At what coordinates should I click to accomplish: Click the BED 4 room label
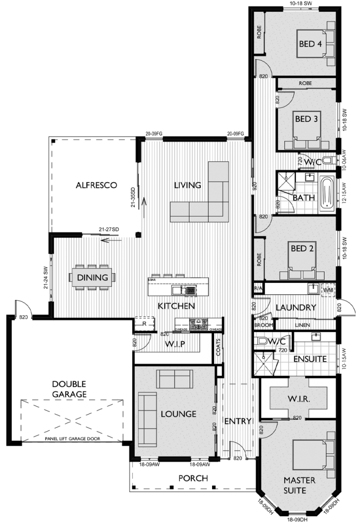pos(310,44)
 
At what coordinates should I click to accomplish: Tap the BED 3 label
pos(306,119)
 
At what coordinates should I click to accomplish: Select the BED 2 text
pos(302,249)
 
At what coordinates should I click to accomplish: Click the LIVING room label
pos(187,185)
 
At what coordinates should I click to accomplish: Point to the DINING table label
pos(93,278)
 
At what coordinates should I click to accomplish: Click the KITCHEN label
pos(176,306)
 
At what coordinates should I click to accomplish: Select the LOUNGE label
pos(178,413)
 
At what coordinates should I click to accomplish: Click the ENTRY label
pos(238,422)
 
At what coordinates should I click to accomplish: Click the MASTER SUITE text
pos(300,485)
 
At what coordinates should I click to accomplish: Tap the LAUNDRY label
pos(295,308)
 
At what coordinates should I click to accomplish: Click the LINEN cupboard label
pos(302,325)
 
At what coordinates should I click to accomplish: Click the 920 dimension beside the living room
pos(255,186)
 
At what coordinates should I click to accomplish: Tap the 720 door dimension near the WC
pos(300,162)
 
